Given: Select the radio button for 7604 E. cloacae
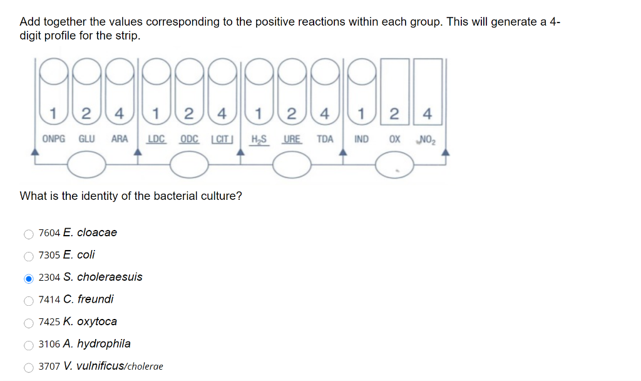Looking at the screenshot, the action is tap(28, 234).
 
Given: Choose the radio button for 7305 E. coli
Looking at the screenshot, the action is tap(28, 256).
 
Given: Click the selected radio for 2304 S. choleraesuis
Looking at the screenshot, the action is tap(28, 278).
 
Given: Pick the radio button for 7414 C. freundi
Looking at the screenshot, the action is tap(28, 300).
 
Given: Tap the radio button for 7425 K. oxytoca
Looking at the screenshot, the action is tap(28, 323).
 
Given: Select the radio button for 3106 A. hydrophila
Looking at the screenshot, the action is tap(28, 345).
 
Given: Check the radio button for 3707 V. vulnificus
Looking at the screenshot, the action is tap(28, 367).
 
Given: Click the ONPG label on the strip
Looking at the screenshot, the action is tap(53, 138).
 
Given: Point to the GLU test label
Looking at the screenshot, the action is tap(86, 138).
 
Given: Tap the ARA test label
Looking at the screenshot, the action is tap(120, 138).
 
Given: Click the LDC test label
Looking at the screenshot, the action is tap(156, 138).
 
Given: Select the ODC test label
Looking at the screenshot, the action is tap(190, 138).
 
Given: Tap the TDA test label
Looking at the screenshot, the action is tap(324, 138).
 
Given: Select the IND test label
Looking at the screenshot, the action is tap(361, 138).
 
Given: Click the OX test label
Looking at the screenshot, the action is tap(395, 138).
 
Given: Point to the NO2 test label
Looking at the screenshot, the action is tap(427, 138).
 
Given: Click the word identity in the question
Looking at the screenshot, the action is tap(90, 196).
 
